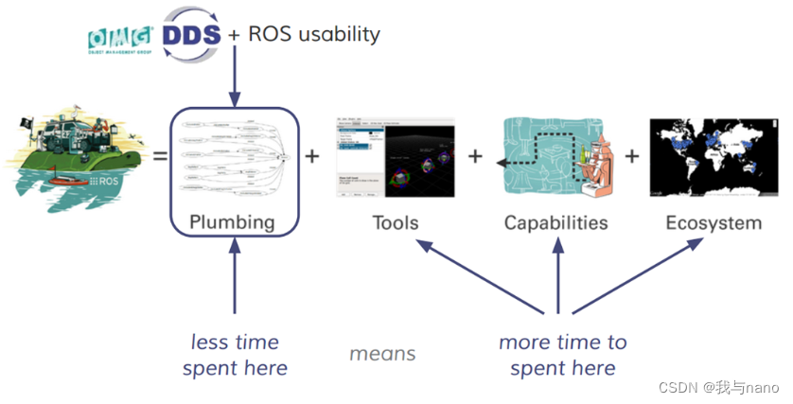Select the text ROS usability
pyautogui.click(x=314, y=34)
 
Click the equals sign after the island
pyautogui.click(x=160, y=154)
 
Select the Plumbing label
pyautogui.click(x=233, y=222)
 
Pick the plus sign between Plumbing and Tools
pyautogui.click(x=312, y=154)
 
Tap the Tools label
pyautogui.click(x=395, y=222)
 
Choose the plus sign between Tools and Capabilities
pyautogui.click(x=475, y=154)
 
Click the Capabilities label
pyautogui.click(x=555, y=222)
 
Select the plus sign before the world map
pyautogui.click(x=631, y=154)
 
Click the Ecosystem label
pyautogui.click(x=713, y=222)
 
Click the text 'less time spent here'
pyautogui.click(x=235, y=355)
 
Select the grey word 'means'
pyautogui.click(x=382, y=353)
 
